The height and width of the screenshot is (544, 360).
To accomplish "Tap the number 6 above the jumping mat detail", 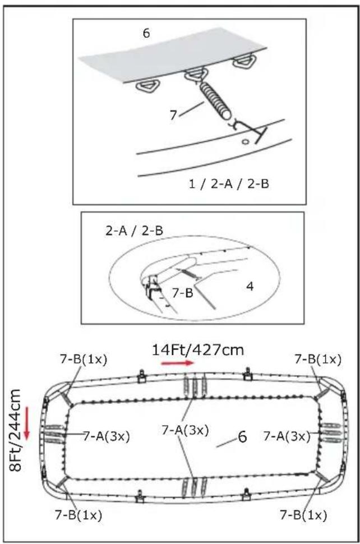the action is pyautogui.click(x=146, y=33).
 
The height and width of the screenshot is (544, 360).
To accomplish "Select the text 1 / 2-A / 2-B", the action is pyautogui.click(x=229, y=183).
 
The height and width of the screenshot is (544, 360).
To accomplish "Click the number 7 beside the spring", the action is pyautogui.click(x=173, y=115).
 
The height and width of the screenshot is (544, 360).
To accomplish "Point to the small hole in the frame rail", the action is pyautogui.click(x=245, y=141).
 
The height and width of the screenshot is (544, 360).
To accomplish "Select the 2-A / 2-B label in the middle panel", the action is pyautogui.click(x=134, y=230).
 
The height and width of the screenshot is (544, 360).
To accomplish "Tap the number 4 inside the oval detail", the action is pyautogui.click(x=250, y=287).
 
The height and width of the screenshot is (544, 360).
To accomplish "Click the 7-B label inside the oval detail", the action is pyautogui.click(x=182, y=293).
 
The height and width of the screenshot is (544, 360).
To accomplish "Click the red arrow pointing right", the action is pyautogui.click(x=177, y=363).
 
